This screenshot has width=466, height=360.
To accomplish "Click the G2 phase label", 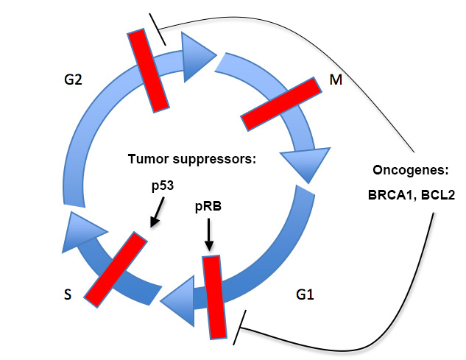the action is [x=73, y=80].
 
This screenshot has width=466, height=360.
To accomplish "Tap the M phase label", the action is [x=336, y=80].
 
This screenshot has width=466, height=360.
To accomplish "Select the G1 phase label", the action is [x=305, y=294].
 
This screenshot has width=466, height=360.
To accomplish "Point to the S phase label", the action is [x=68, y=294].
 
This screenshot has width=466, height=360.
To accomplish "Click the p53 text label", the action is [x=163, y=186].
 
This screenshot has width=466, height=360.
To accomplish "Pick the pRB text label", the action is [x=208, y=206].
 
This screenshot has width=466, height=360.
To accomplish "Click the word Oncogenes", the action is [x=410, y=170].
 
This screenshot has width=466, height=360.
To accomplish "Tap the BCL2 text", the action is [x=438, y=195].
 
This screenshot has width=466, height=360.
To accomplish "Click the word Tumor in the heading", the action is [x=148, y=159].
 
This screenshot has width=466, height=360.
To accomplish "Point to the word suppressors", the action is [x=214, y=160].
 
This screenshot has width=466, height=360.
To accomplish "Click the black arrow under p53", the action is [x=157, y=212].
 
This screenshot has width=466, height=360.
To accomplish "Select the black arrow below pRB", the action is [x=209, y=235].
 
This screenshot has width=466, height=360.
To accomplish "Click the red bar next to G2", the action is [x=148, y=71].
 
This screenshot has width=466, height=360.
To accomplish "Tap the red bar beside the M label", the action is [x=281, y=104].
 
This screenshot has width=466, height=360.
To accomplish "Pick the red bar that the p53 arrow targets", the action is [x=116, y=269].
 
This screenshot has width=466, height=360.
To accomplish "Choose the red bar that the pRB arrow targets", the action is [x=214, y=297].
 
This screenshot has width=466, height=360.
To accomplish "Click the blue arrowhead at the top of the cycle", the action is [x=197, y=57].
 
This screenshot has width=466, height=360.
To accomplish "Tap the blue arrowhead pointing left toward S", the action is [x=178, y=301].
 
